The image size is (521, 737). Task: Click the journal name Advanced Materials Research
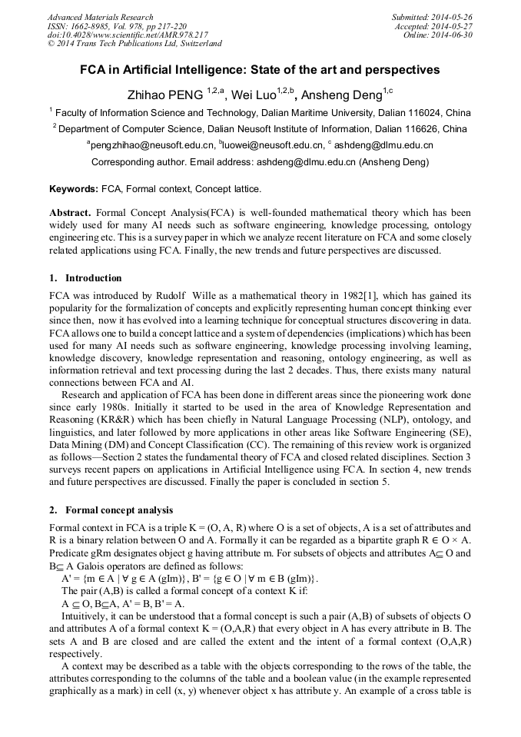coord(100,17)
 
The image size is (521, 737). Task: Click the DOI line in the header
coord(128,35)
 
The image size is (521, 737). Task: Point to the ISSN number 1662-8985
coord(95,26)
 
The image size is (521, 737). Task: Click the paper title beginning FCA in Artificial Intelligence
coord(260,70)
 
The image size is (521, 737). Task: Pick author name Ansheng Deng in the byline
coord(341,96)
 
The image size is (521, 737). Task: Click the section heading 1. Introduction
coord(85,277)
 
